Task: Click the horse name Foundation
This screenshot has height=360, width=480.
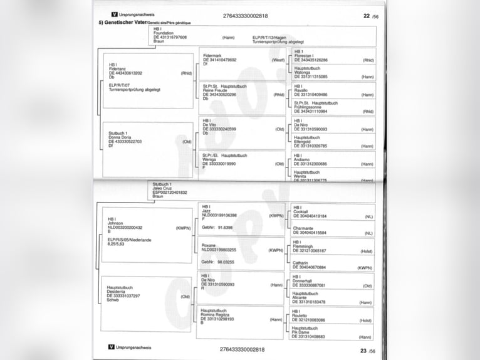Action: click(x=164, y=33)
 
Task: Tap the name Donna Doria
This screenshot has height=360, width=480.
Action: click(x=120, y=137)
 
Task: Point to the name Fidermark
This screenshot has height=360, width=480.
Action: click(x=212, y=56)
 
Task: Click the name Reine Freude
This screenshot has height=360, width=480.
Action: click(x=215, y=90)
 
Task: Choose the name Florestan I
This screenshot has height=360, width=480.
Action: click(x=305, y=56)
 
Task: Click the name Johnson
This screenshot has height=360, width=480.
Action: click(x=116, y=223)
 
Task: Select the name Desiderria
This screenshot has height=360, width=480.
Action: click(x=118, y=292)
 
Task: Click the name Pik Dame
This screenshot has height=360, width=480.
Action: click(x=303, y=332)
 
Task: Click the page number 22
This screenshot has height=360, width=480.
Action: click(x=367, y=16)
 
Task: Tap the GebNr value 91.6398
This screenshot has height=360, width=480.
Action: click(x=226, y=228)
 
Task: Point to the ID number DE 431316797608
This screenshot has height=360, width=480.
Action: click(x=170, y=37)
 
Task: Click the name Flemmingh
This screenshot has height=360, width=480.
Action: click(x=304, y=246)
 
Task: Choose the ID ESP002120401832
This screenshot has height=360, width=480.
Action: click(x=170, y=192)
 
